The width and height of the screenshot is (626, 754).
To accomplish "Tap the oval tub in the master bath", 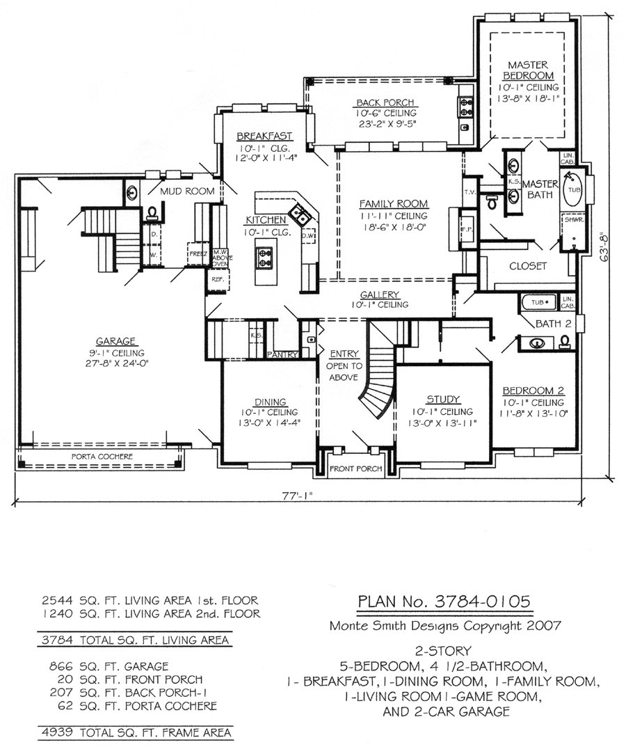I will click(572, 194).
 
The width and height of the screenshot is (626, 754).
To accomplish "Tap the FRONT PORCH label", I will click(355, 469).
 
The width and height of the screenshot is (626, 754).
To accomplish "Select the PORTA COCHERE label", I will click(102, 456).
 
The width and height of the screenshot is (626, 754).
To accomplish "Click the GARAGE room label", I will click(115, 340).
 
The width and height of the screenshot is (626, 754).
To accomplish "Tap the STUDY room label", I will click(443, 399).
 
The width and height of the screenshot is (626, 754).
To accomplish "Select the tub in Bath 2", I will click(538, 302).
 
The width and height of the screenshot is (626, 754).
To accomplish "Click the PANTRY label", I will click(282, 354).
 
